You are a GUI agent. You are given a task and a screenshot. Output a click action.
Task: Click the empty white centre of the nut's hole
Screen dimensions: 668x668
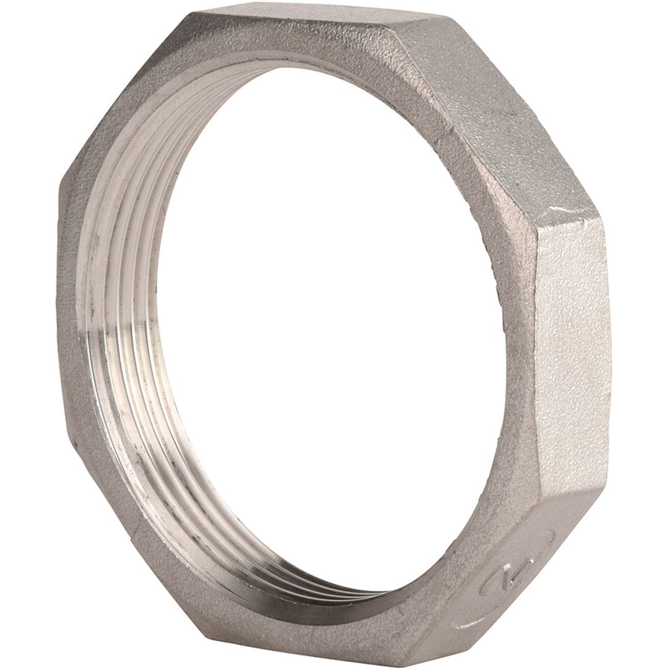[334, 328]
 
